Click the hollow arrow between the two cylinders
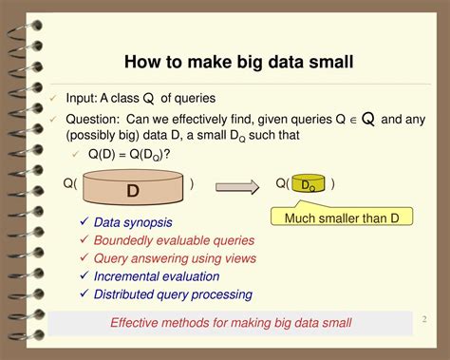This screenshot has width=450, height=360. tap(239, 186)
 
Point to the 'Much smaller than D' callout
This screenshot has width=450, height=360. tap(343, 219)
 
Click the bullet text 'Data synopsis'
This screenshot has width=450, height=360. tap(133, 222)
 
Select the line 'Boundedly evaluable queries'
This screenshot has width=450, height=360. tap(174, 240)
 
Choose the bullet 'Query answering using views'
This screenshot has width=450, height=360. tap(175, 258)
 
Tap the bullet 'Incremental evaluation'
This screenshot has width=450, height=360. tap(157, 276)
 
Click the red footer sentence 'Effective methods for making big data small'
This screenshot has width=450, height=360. tap(231, 323)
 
